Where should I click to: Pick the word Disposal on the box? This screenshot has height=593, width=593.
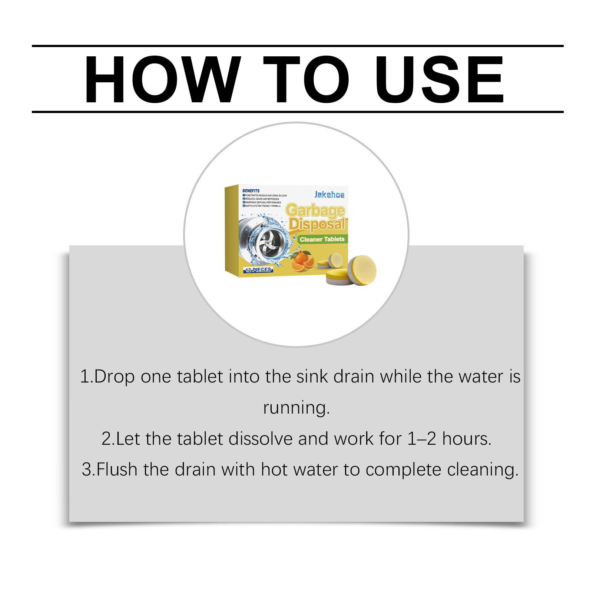coord(318,224)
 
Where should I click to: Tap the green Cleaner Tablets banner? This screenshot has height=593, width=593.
coord(322,239)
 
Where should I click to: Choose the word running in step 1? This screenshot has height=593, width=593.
coord(296,408)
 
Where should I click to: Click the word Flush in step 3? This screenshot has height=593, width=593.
coord(118,470)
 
